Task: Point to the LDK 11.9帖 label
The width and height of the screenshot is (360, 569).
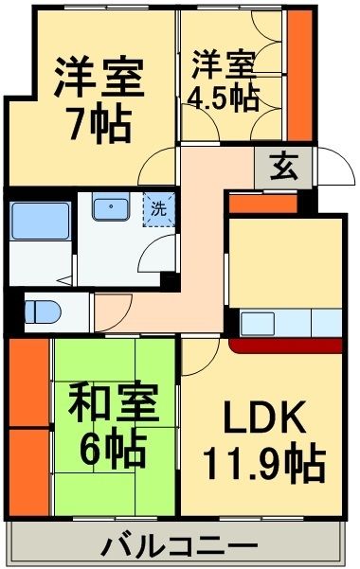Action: coord(263,439)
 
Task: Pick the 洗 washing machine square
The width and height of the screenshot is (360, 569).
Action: coord(159,208)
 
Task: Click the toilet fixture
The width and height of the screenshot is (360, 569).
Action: coord(43,310)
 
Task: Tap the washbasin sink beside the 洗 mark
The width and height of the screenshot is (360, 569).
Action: coord(116,207)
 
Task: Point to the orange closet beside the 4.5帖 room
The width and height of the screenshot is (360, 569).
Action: coord(301,74)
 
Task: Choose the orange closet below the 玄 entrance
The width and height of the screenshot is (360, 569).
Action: coord(263,202)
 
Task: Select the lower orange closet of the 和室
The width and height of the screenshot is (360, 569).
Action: coord(28,471)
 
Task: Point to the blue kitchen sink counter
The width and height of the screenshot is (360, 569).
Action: coord(289,323)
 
